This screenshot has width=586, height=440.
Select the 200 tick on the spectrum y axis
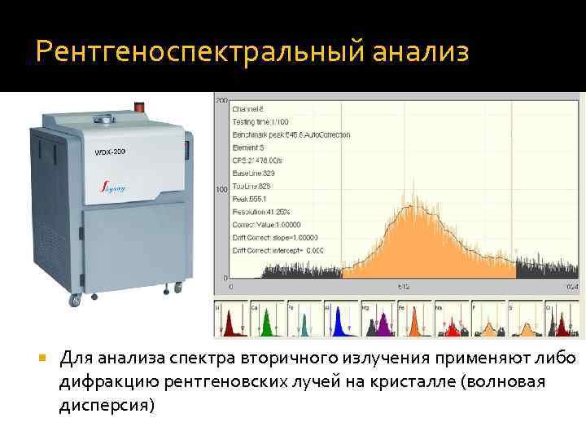pyautogui.click(x=221, y=100)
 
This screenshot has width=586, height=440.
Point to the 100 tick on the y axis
pyautogui.click(x=221, y=190)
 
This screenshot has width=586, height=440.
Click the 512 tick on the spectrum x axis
pyautogui.click(x=403, y=287)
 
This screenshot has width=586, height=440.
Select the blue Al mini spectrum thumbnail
pyautogui.click(x=341, y=320)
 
